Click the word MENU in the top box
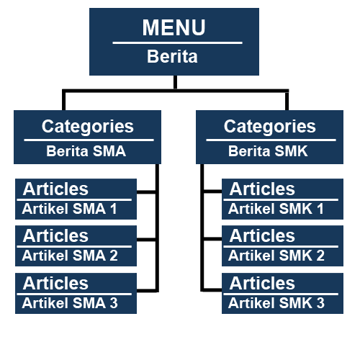[174, 27]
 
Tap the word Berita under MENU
[172, 57]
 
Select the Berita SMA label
[86, 151]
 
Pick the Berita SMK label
[268, 151]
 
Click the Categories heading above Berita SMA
[88, 126]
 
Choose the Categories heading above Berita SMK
[270, 126]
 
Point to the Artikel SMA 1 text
[69, 209]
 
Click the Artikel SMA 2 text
[70, 256]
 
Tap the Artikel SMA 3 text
[70, 303]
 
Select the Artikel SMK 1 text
[276, 209]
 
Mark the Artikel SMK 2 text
[276, 256]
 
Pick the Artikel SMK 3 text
[276, 303]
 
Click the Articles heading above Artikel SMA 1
[55, 189]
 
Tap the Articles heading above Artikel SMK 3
[262, 283]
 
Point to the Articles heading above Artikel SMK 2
[262, 235]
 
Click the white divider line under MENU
[178, 43]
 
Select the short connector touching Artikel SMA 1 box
[146, 192]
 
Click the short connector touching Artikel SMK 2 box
[212, 239]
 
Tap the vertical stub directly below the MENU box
[175, 82]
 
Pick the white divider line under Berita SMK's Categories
[271, 140]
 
